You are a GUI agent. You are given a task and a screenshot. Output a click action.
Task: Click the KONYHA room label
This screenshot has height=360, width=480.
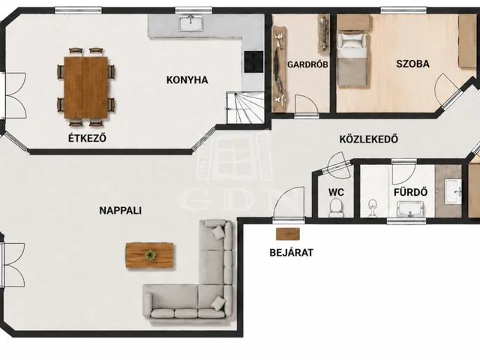click(x=187, y=80)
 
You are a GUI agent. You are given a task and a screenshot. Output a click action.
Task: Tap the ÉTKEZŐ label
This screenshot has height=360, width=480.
click(x=87, y=138)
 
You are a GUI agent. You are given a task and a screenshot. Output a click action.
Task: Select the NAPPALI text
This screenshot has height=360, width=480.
click(x=120, y=211)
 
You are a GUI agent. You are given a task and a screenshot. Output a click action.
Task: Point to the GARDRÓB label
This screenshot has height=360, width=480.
click(x=307, y=64)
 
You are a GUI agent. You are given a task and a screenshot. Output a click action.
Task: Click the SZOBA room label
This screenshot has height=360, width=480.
click(x=412, y=64)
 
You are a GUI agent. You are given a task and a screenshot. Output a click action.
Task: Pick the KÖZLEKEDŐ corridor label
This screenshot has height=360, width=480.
click(x=368, y=139)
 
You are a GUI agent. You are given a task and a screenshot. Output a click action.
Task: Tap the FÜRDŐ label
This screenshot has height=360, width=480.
click(x=410, y=192)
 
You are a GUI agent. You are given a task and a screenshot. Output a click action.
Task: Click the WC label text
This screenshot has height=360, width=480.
click(x=336, y=192)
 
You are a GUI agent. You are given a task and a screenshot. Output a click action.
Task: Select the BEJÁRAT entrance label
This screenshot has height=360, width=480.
click(x=292, y=253)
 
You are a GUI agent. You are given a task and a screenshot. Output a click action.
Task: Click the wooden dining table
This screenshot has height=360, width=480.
click(x=86, y=88)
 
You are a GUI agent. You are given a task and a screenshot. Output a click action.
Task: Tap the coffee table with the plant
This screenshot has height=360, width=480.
click(x=150, y=256)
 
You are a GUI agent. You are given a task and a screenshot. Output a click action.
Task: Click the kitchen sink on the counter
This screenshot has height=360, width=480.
click(x=191, y=23)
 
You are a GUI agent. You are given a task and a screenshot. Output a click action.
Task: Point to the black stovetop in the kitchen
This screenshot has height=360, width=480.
click(x=253, y=61)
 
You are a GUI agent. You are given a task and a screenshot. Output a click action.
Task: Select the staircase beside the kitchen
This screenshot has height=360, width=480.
click(x=245, y=107)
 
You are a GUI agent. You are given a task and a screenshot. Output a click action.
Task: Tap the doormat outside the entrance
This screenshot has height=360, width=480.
click(x=288, y=234)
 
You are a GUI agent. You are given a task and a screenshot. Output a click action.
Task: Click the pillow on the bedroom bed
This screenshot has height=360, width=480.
click(x=351, y=40)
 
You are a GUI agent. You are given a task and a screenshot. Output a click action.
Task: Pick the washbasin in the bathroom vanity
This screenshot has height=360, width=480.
click(x=453, y=192)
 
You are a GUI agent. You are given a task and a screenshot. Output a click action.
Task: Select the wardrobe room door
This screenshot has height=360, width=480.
click(x=307, y=105)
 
